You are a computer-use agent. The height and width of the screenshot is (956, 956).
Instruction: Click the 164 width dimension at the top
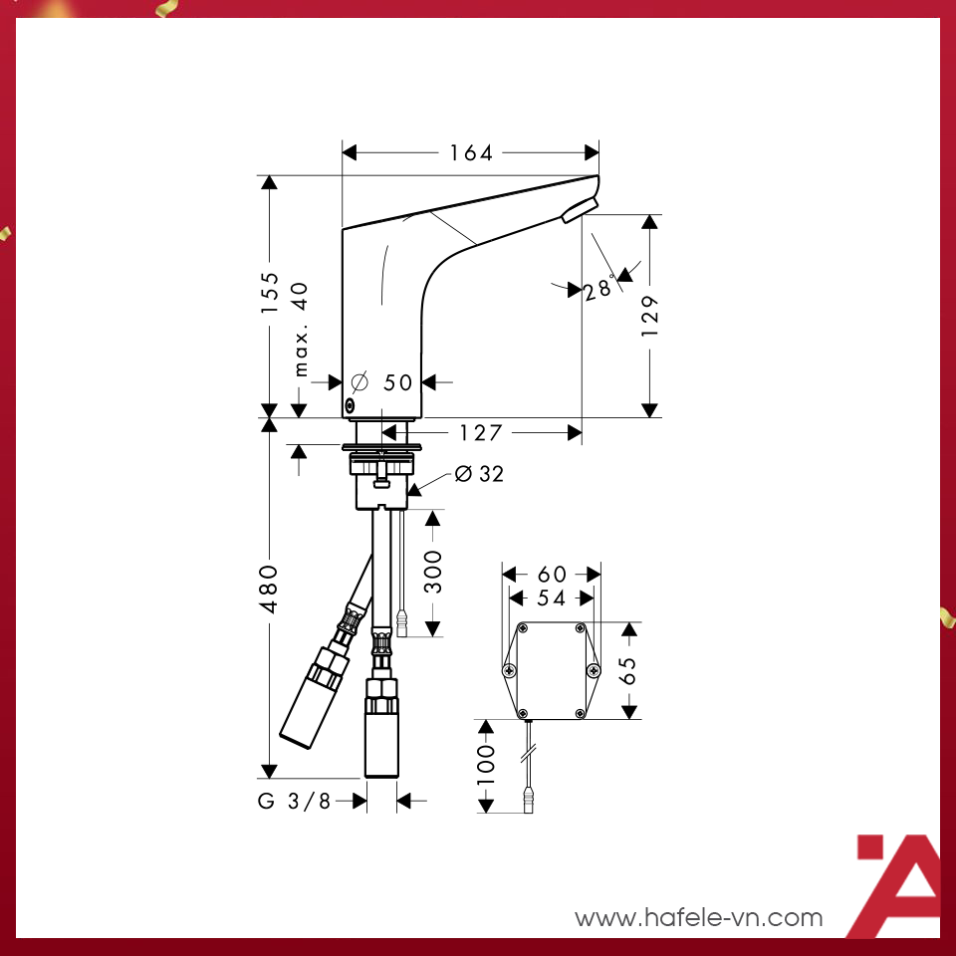pyautogui.click(x=471, y=152)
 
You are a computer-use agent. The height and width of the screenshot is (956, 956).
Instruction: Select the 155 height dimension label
pyautogui.click(x=270, y=295)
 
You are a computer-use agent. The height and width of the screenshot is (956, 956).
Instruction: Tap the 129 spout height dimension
pyautogui.click(x=650, y=316)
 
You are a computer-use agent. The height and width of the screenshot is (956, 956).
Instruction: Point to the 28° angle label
pyautogui.click(x=599, y=290)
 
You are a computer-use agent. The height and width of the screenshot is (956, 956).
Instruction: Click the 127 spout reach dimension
pyautogui.click(x=481, y=433)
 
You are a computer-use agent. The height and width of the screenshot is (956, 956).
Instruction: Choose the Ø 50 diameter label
pyautogui.click(x=382, y=382)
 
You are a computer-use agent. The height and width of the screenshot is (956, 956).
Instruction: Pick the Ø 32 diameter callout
pyautogui.click(x=479, y=474)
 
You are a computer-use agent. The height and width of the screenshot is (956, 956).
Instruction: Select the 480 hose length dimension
pyautogui.click(x=270, y=590)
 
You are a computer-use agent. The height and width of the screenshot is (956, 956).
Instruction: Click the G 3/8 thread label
pyautogui.click(x=295, y=801)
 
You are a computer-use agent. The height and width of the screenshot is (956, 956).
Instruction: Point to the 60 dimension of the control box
pyautogui.click(x=552, y=575)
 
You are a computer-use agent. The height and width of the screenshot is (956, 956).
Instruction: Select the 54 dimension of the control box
pyautogui.click(x=552, y=597)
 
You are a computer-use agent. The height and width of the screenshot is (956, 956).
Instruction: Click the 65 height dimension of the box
pyautogui.click(x=628, y=670)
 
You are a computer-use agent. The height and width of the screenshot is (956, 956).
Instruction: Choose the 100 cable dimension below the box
pyautogui.click(x=486, y=765)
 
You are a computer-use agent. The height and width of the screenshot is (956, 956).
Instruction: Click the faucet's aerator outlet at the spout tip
pyautogui.click(x=579, y=210)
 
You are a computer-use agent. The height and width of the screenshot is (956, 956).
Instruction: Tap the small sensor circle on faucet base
pyautogui.click(x=350, y=405)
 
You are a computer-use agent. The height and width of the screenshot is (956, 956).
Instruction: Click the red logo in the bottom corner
pyautogui.click(x=896, y=886)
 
